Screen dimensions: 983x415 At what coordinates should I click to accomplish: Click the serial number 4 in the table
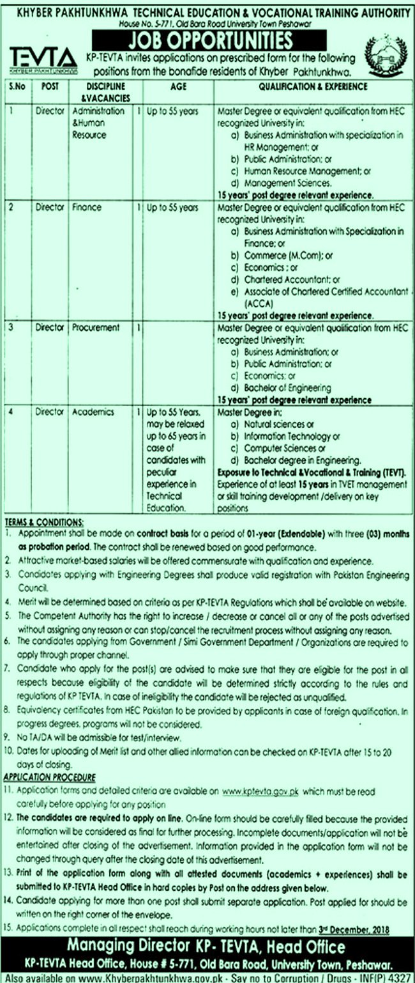click(x=11, y=412)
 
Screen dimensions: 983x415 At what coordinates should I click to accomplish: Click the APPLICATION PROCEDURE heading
click(x=50, y=777)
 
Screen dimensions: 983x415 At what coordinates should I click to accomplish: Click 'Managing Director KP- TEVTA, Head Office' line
click(x=207, y=947)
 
